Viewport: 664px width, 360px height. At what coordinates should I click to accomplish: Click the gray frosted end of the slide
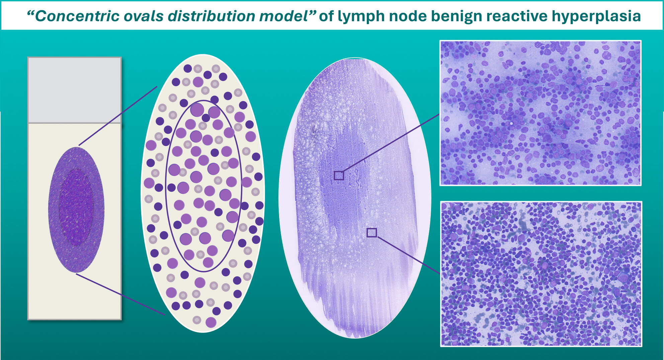[x=74, y=90]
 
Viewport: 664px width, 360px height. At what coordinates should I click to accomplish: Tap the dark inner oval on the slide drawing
[x=76, y=207]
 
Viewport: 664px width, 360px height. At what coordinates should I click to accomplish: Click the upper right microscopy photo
[x=541, y=113]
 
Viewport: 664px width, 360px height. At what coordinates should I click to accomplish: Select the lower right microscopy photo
[x=541, y=274]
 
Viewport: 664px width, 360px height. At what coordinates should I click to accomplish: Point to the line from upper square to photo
[x=391, y=143]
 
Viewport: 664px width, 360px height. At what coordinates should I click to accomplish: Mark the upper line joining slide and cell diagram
[x=118, y=116]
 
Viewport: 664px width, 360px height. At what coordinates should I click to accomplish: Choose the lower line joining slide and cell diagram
[x=120, y=294]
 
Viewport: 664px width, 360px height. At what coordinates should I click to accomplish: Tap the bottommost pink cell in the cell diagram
[x=211, y=322]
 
